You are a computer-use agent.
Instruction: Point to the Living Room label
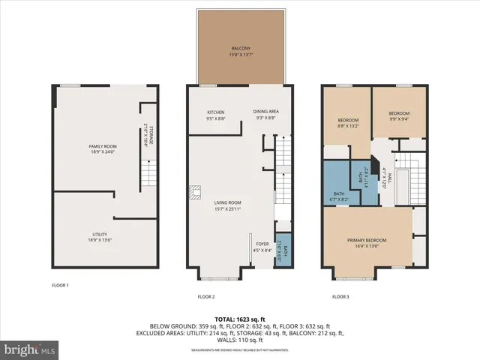click(x=228, y=204)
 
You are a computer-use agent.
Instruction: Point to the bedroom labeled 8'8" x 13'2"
click(x=348, y=122)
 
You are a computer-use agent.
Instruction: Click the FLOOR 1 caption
click(x=60, y=286)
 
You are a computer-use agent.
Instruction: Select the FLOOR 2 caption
click(x=206, y=297)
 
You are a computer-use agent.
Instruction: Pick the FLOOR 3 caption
click(x=340, y=297)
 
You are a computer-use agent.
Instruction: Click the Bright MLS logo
click(x=30, y=349)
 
